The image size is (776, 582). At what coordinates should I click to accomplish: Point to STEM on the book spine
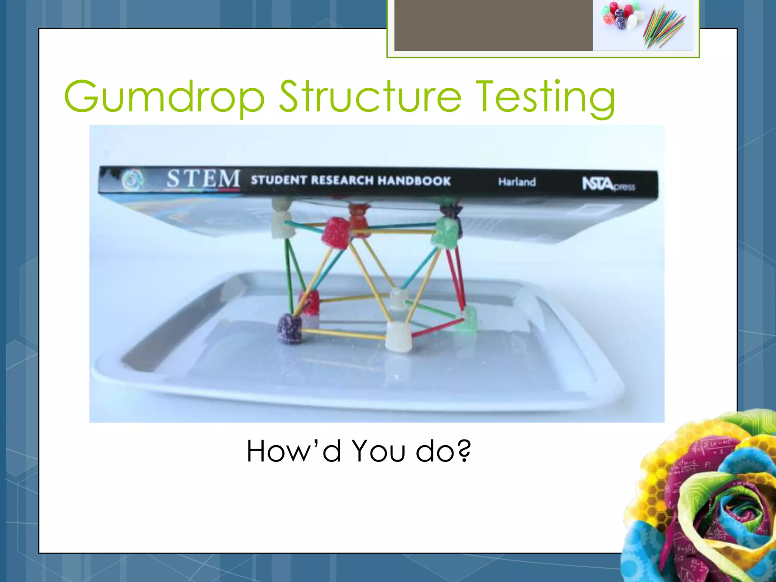[203, 178]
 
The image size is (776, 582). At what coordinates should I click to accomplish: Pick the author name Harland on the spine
[517, 182]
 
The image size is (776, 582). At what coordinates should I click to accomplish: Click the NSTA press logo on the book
[608, 185]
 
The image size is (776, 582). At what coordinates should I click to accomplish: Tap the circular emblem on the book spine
[133, 180]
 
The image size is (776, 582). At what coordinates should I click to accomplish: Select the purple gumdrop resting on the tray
[289, 329]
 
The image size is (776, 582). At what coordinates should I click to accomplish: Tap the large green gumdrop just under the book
[446, 232]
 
